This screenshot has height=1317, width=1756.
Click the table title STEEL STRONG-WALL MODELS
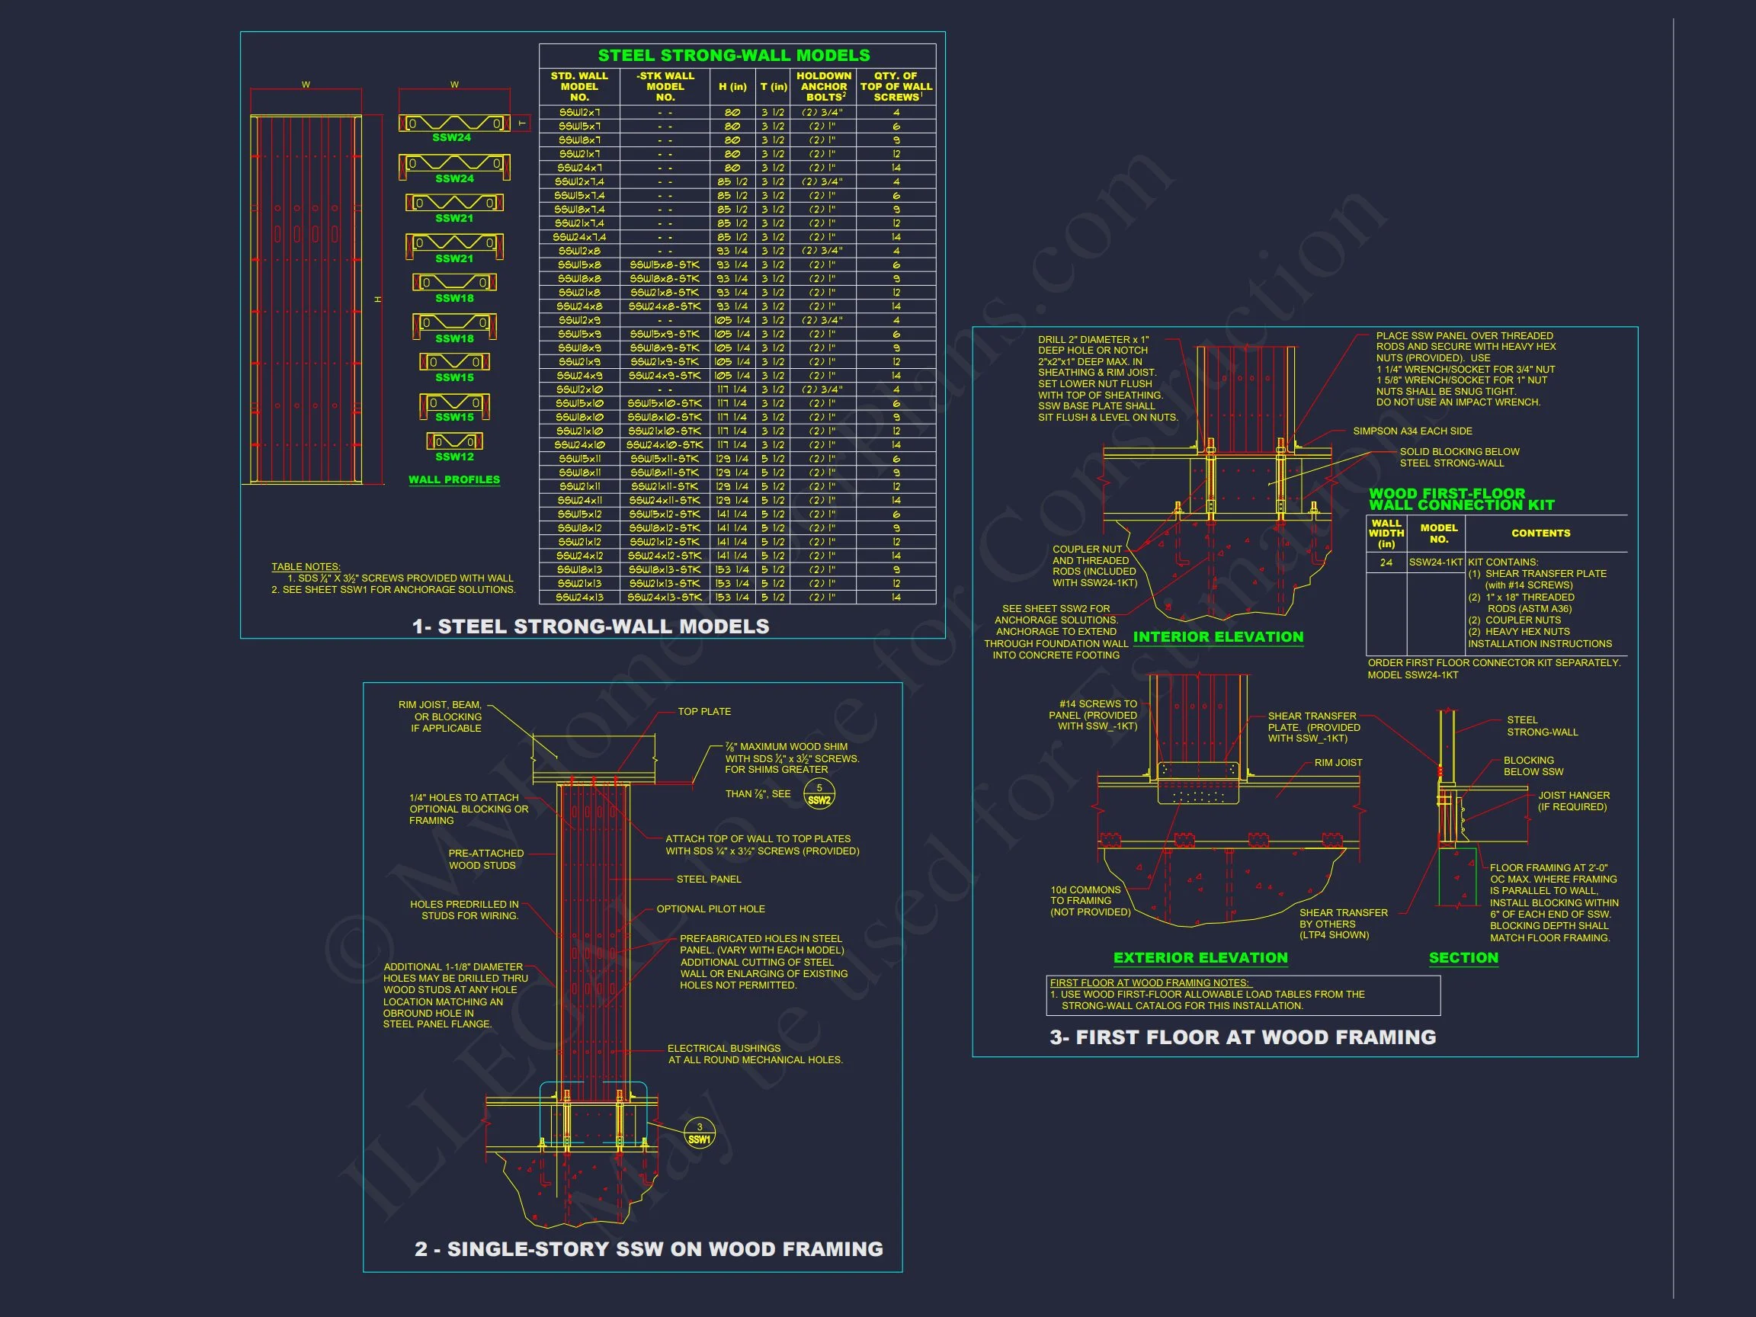point(733,56)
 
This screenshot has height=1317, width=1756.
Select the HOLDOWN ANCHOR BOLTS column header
point(823,87)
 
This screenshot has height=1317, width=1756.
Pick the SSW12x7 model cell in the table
point(578,113)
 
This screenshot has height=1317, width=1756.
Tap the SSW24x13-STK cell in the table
point(665,597)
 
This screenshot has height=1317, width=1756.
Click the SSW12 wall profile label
point(454,457)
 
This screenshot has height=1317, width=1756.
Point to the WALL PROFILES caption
point(454,479)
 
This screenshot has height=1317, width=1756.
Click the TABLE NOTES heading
point(306,567)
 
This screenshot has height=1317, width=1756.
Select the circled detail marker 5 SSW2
point(819,794)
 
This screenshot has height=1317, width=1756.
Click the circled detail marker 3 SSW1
point(700,1133)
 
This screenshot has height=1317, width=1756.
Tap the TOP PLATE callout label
point(704,712)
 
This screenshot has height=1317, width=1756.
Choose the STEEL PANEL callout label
point(709,880)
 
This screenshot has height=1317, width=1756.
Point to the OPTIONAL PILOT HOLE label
point(710,909)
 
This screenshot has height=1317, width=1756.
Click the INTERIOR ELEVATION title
point(1218,637)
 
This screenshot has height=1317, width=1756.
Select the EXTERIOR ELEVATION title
point(1200,958)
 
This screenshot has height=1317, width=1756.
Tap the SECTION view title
point(1463,958)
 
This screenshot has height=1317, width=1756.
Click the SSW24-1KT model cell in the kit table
point(1435,562)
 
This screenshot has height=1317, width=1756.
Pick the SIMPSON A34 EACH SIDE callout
point(1412,431)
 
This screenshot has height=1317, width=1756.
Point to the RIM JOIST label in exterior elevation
point(1338,763)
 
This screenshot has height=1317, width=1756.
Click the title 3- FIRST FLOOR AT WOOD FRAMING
point(1242,1037)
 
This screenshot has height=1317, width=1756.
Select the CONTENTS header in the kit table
point(1540,534)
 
